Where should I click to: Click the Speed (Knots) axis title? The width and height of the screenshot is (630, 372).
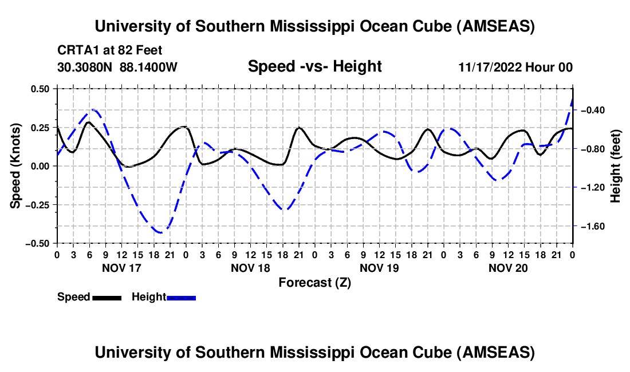point(17,166)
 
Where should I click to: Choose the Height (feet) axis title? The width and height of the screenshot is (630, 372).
point(616,166)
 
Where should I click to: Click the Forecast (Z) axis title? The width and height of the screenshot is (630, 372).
point(314,282)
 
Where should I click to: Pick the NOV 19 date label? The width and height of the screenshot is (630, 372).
point(379,267)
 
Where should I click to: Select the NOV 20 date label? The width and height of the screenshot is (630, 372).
point(507,267)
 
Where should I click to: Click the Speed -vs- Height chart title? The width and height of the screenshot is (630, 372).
point(314,66)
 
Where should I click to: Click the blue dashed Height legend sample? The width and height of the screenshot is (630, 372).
point(181,297)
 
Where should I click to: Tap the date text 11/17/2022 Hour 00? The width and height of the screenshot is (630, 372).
point(515,68)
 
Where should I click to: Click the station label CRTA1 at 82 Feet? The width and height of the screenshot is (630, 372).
point(109,50)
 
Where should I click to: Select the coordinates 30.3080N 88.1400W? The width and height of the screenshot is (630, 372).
point(117,68)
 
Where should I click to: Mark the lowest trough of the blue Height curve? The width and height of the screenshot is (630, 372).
point(160,232)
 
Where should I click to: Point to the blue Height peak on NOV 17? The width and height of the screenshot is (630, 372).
point(93,109)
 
